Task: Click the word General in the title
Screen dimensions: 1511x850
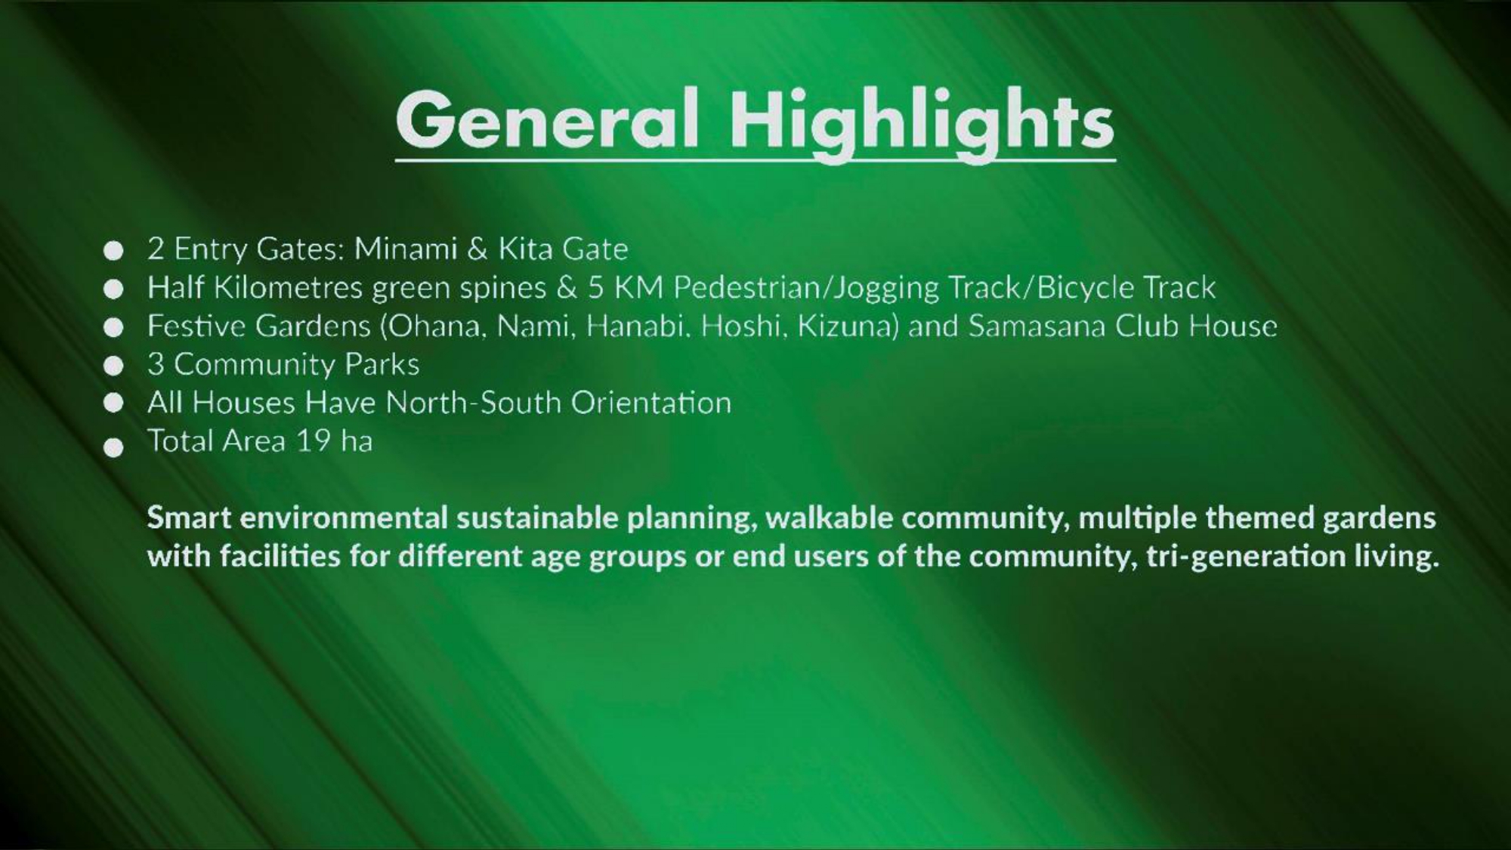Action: point(547,119)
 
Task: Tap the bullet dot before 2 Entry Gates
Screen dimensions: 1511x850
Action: point(113,250)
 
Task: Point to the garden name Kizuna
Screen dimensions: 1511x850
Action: point(847,326)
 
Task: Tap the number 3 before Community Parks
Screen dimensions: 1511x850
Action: point(156,364)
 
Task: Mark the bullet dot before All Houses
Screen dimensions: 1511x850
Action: point(113,403)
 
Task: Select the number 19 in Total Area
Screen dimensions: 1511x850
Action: point(313,441)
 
